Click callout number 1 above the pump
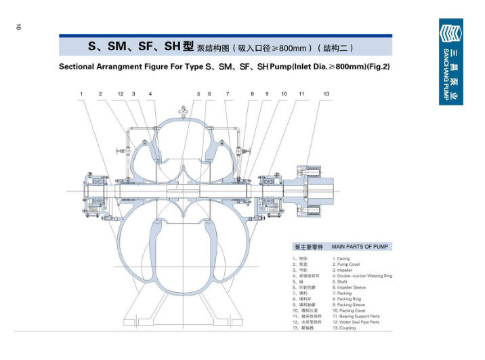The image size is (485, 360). pyautogui.click(x=81, y=93)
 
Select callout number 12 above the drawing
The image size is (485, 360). pyautogui.click(x=120, y=93)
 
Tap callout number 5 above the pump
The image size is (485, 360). pyautogui.click(x=198, y=93)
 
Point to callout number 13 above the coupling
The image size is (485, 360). pyautogui.click(x=326, y=93)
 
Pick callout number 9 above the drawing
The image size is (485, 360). pyautogui.click(x=267, y=93)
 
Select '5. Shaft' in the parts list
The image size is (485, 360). pyautogui.click(x=341, y=281)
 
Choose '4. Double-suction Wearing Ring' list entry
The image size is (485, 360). pyautogui.click(x=362, y=276)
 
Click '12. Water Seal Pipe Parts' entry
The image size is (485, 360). pyautogui.click(x=356, y=322)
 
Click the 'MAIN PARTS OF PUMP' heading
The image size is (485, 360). pyautogui.click(x=361, y=246)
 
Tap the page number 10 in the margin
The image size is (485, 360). pyautogui.click(x=18, y=26)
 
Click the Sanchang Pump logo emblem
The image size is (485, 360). pyautogui.click(x=450, y=32)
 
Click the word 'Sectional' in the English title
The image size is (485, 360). pyautogui.click(x=77, y=67)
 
